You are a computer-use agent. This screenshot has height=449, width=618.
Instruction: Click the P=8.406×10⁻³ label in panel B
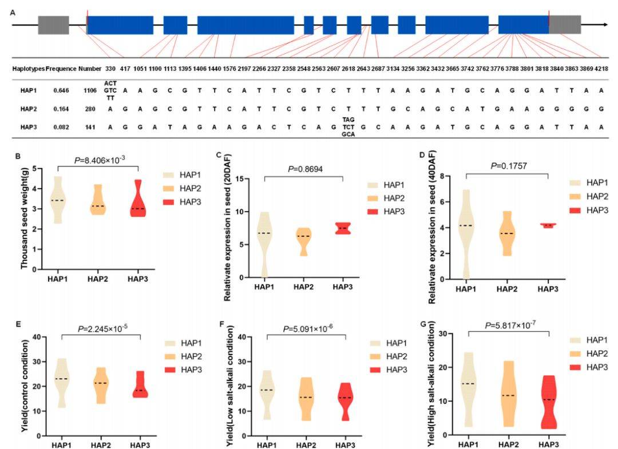click(99, 161)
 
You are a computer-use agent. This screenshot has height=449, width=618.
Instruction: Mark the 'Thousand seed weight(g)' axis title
click(25, 218)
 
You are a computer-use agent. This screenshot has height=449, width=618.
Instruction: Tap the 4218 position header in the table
click(600, 69)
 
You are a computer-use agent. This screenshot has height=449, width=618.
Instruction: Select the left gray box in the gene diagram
click(53, 25)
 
